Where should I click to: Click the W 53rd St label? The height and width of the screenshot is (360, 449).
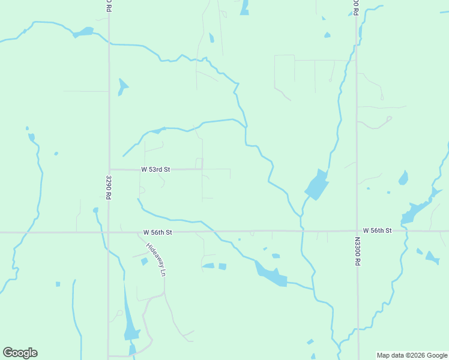tap(155, 170)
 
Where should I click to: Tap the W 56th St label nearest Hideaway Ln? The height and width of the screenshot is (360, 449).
tap(158, 232)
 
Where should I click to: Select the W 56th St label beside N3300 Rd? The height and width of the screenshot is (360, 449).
tap(377, 230)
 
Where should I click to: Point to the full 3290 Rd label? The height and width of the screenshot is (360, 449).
tap(109, 187)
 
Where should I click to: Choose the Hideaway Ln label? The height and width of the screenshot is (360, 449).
tap(155, 259)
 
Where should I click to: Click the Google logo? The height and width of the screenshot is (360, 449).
tap(20, 353)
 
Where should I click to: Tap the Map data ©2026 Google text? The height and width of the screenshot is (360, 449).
tap(412, 355)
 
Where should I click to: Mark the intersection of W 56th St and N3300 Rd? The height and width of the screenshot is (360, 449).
tap(357, 231)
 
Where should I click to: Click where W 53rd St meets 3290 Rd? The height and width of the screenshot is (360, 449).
tap(109, 170)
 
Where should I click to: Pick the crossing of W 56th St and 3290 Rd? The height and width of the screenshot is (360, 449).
tap(109, 232)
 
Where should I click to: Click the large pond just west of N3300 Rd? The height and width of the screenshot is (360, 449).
tap(316, 185)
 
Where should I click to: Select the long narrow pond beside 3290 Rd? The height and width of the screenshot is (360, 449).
tap(129, 318)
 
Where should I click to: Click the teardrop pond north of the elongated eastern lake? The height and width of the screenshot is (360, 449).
tap(403, 178)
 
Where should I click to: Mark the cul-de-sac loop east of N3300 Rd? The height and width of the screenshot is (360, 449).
tap(389, 118)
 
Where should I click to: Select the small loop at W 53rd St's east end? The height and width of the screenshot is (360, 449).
tap(199, 163)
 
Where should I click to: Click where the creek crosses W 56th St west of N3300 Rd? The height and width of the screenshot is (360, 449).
tap(302, 230)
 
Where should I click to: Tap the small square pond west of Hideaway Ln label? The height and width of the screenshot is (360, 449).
tap(144, 262)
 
